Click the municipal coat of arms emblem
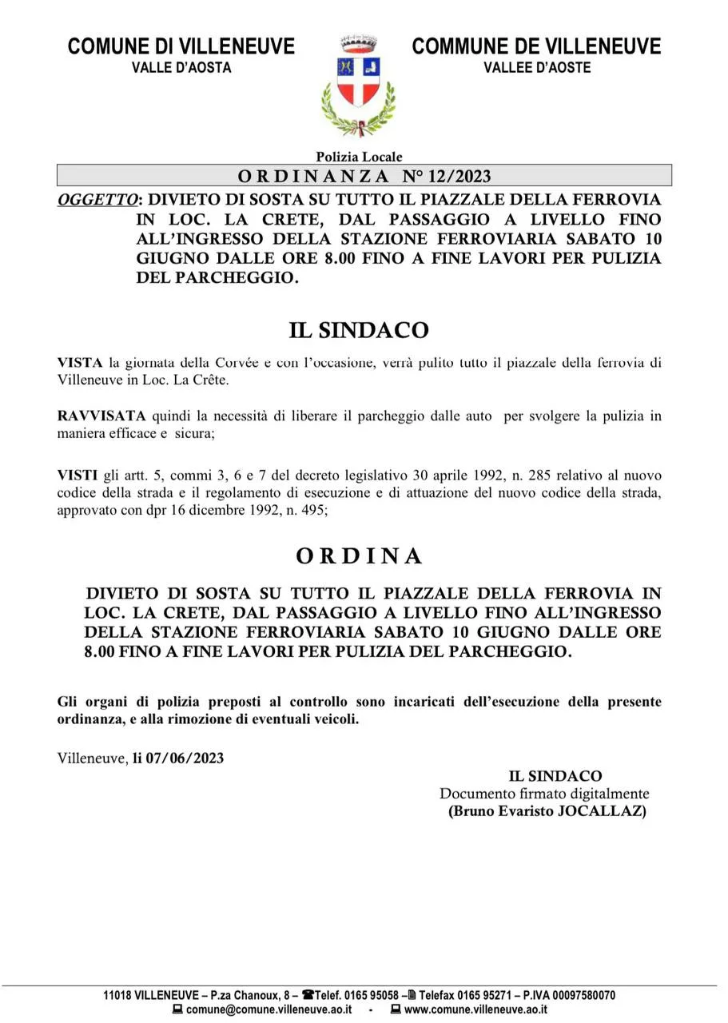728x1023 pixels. [x=359, y=85]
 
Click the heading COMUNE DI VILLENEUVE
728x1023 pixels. [x=181, y=46]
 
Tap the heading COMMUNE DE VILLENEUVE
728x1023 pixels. [x=536, y=46]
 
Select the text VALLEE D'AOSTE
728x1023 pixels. [x=537, y=68]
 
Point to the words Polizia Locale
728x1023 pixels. [x=359, y=157]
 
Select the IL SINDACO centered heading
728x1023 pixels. [x=359, y=330]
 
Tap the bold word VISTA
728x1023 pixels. [x=80, y=363]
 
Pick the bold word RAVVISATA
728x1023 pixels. [x=101, y=416]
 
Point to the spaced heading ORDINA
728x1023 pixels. [x=359, y=556]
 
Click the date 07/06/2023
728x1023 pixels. [x=185, y=758]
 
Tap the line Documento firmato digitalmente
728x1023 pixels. [x=544, y=794]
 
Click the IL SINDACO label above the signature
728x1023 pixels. [x=555, y=776]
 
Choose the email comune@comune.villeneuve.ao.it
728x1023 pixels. [x=269, y=1009]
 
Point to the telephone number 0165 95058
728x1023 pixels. [x=371, y=996]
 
